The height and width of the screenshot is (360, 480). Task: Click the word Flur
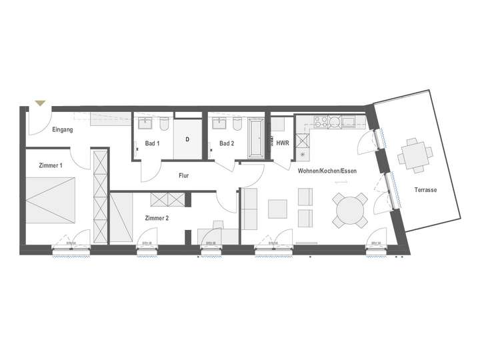[x=185, y=177]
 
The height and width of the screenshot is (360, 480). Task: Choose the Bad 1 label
[x=152, y=143]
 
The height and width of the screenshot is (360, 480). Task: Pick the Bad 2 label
[x=227, y=143]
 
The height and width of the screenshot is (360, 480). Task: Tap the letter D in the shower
[x=188, y=139]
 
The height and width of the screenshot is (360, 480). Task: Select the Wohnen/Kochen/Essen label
[x=327, y=171]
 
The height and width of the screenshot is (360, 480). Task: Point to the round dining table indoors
[x=351, y=210]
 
